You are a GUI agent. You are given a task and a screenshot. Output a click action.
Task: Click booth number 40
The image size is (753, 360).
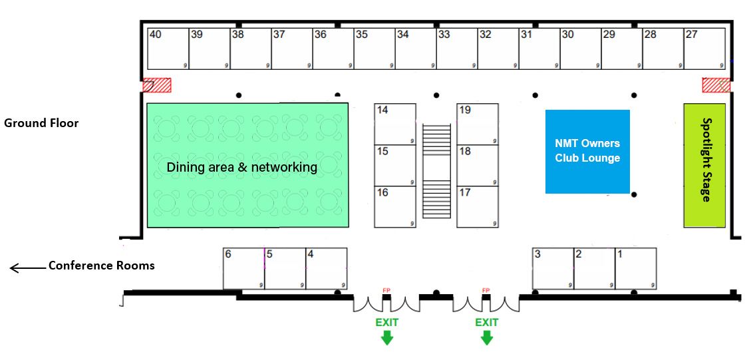(x=168, y=49)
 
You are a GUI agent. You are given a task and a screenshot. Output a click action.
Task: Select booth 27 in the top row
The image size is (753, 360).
(x=704, y=49)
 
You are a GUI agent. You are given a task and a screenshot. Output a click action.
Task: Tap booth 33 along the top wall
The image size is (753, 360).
(x=456, y=49)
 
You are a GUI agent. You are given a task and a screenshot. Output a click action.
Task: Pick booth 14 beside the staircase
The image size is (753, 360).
(x=395, y=124)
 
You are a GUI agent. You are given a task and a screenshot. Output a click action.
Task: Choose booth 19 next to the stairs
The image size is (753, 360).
(x=478, y=124)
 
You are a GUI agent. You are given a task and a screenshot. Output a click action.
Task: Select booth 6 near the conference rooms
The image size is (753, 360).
(x=243, y=269)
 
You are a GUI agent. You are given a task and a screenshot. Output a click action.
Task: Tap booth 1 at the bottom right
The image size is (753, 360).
(x=636, y=269)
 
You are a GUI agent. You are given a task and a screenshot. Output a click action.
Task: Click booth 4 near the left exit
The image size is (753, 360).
(x=326, y=269)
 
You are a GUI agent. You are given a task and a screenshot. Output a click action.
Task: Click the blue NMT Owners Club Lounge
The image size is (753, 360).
(x=587, y=152)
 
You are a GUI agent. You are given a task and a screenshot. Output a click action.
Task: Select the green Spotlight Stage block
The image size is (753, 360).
(x=704, y=165)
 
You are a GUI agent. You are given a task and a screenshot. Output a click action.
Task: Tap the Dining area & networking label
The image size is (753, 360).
(x=242, y=167)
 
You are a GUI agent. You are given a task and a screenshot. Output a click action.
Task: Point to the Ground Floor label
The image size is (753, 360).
(x=41, y=123)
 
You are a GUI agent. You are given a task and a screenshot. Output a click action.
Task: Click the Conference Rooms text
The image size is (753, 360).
(x=101, y=266)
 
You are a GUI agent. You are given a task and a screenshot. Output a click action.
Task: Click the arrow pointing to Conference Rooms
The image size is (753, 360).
(x=25, y=268)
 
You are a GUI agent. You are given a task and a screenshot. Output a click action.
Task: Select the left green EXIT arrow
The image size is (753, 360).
(x=386, y=337)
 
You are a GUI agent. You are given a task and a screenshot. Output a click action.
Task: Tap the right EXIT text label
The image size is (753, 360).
(x=487, y=322)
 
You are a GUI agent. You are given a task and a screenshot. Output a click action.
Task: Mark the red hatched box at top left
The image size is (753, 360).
(x=158, y=85)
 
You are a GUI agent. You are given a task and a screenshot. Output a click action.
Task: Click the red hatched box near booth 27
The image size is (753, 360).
(x=716, y=85)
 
